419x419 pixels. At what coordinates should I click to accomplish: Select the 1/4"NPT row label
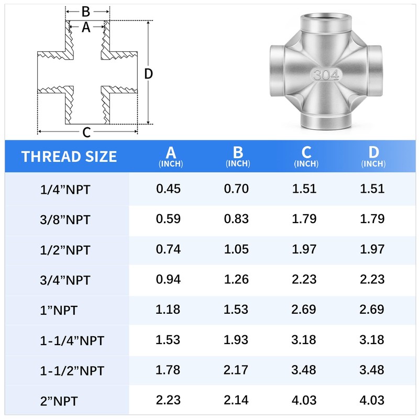65,190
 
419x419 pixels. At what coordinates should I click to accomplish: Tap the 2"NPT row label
59,401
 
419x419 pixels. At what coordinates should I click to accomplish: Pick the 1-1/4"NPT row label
72,341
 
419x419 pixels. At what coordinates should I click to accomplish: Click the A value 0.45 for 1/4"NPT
168,189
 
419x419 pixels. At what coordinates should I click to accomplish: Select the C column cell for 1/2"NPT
304,249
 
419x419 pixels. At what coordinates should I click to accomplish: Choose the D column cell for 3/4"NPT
372,279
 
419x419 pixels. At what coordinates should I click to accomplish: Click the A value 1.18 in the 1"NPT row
168,310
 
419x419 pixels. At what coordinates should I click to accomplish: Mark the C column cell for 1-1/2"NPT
304,370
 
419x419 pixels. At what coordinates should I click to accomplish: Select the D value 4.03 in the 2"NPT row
372,400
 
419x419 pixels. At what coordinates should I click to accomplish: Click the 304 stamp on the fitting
326,75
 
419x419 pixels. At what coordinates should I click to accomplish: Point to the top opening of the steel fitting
325,25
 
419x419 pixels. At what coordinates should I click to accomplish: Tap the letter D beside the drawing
149,74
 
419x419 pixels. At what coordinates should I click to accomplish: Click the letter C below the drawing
87,133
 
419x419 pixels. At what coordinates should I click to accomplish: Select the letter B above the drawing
86,11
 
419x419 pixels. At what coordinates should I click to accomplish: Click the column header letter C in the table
306,152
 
